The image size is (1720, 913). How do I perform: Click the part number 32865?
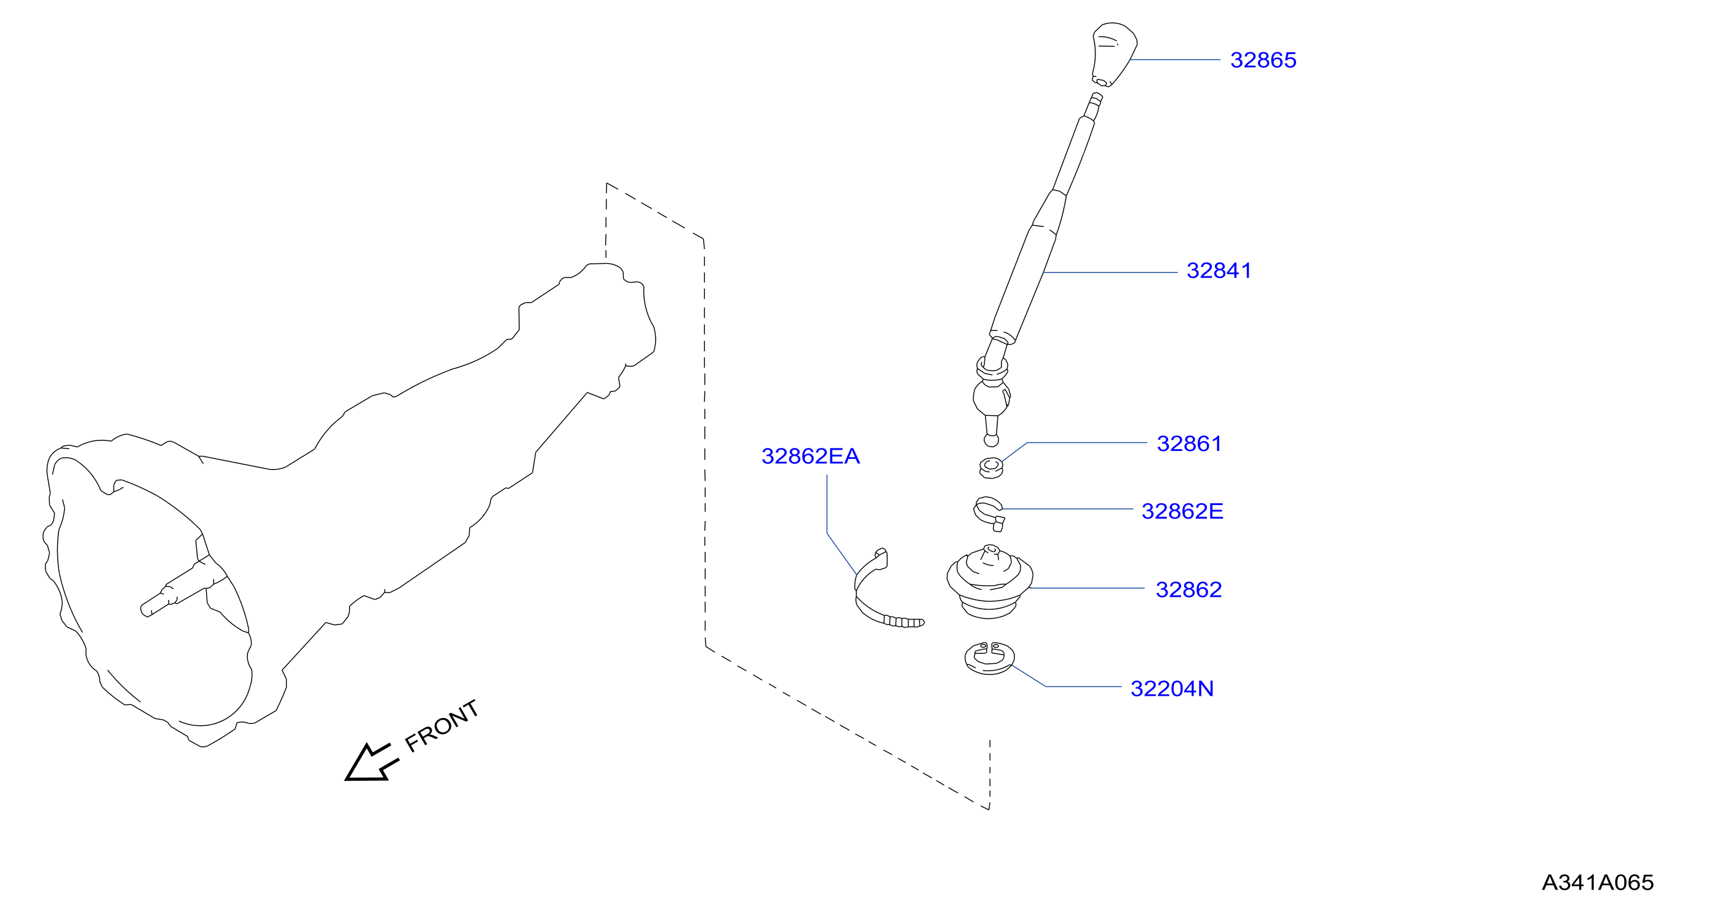coord(1262,60)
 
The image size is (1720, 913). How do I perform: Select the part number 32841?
coord(1219,271)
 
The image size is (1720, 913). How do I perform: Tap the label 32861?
coord(1188,444)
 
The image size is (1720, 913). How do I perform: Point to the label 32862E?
coord(1182,511)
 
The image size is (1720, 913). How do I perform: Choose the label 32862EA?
coord(810,456)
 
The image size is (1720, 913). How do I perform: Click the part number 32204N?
coord(1172,688)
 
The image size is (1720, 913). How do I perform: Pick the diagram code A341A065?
coord(1597,882)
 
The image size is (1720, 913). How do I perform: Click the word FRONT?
coord(441,726)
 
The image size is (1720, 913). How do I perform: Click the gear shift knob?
coord(1113,54)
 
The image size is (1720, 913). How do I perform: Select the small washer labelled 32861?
coord(991,468)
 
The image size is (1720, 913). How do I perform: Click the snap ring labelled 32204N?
coord(990,658)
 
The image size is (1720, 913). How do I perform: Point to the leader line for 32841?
coord(1110,273)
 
